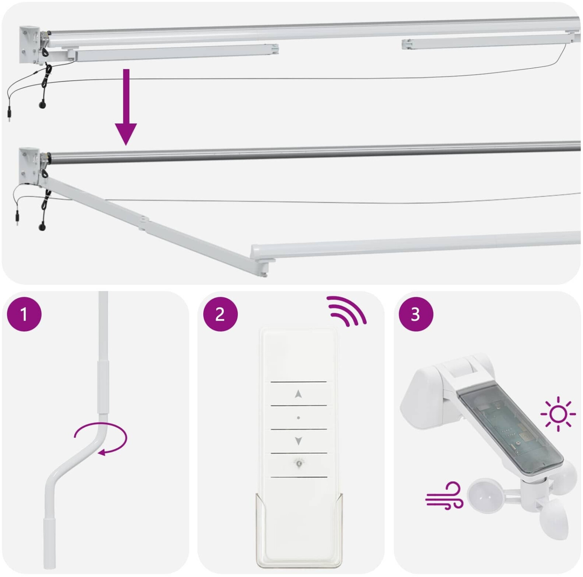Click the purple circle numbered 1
[24, 314]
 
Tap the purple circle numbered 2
[220, 314]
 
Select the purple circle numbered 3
[416, 314]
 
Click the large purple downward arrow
[126, 107]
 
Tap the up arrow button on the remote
[298, 394]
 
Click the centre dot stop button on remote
[298, 418]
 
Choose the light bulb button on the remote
[298, 463]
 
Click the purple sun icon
[558, 414]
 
